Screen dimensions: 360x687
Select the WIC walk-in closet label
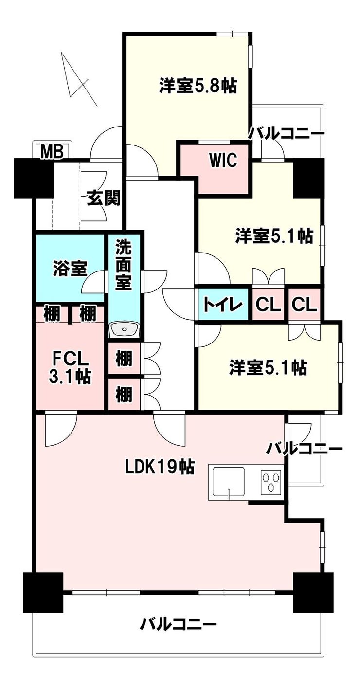point(223,160)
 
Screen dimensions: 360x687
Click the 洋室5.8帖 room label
point(198,85)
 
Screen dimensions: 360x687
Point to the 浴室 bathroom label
point(70,269)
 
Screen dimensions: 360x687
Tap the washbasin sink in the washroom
point(124,330)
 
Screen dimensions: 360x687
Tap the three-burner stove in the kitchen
point(271,482)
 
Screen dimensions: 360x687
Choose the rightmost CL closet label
point(304,305)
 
